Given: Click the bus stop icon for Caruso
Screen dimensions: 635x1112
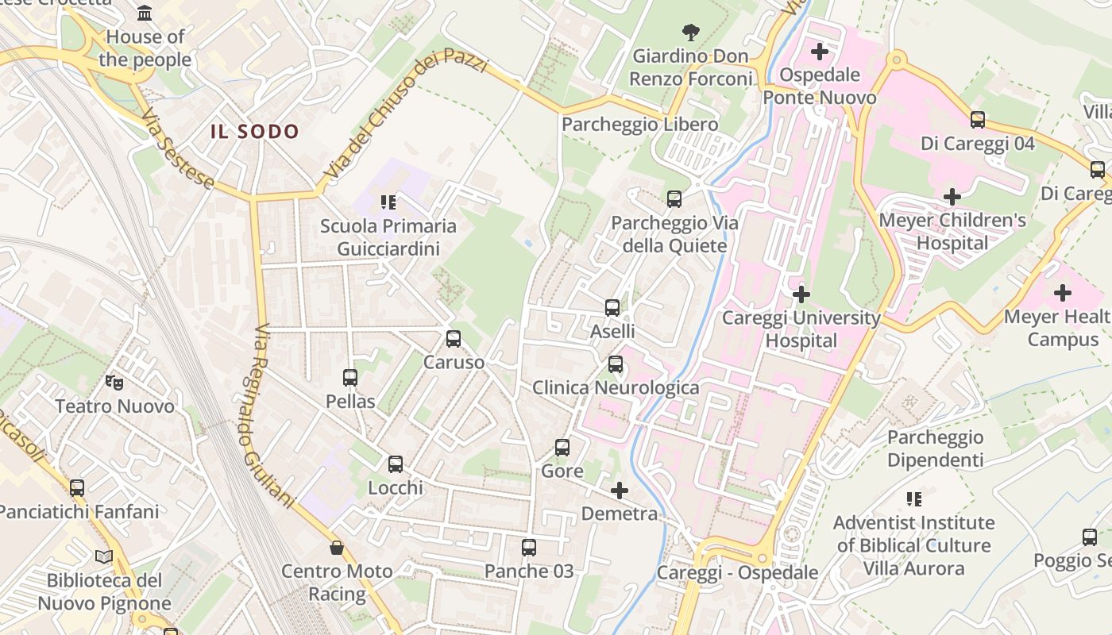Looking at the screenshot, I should (453, 339).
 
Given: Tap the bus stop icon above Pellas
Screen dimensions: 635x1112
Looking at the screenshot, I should (350, 378).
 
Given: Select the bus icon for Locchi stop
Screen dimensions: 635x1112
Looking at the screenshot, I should (395, 464).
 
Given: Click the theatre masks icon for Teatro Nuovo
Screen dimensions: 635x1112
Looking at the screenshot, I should (114, 383).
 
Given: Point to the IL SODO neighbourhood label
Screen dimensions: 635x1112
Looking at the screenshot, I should (255, 132).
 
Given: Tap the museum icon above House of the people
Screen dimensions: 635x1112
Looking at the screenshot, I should (145, 13).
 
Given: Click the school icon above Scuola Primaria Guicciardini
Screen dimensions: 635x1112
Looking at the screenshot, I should (388, 202).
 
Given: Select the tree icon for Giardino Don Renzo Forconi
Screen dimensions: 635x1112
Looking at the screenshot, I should (691, 33).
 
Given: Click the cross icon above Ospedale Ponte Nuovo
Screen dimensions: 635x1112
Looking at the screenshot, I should (819, 52).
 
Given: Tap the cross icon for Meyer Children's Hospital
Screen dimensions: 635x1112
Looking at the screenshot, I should (952, 197).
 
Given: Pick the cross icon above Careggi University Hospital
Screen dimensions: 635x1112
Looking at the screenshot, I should (801, 295).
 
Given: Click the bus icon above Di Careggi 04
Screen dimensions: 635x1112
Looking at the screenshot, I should (978, 120).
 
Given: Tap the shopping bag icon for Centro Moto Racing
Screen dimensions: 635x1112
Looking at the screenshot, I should (338, 548).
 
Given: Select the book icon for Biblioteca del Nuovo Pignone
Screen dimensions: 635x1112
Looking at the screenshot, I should (104, 556).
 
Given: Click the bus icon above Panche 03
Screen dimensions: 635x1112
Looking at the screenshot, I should (528, 548).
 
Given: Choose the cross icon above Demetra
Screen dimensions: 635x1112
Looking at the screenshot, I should (620, 491).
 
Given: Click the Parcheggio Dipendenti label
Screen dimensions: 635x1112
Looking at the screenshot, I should (935, 448).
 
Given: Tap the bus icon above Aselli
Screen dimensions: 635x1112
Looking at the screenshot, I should (612, 308).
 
